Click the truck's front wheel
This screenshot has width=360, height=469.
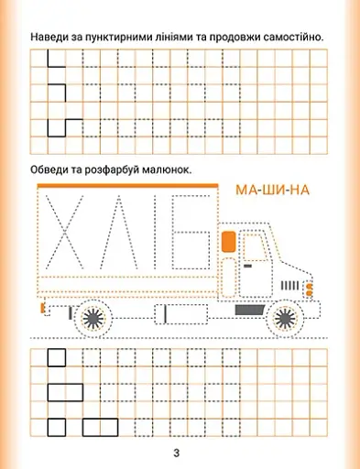tap(285, 318)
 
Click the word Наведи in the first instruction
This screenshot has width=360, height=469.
tap(52, 36)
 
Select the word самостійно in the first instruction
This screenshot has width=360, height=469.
tap(293, 36)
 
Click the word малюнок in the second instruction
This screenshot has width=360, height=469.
tap(169, 170)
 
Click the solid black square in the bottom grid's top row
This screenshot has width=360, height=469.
tap(57, 357)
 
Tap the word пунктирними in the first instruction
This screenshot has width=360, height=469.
tap(116, 36)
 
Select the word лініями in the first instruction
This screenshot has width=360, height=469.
tap(178, 36)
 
